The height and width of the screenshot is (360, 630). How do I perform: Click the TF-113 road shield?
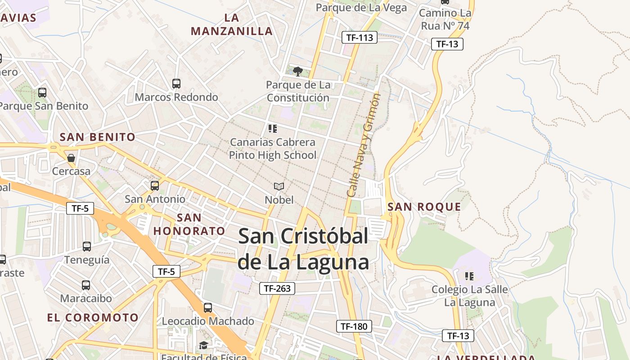point(359,38)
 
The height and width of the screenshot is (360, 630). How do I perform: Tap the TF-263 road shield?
point(277,288)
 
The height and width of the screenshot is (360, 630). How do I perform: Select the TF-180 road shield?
point(354,326)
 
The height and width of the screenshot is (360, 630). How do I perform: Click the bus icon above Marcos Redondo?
point(176,83)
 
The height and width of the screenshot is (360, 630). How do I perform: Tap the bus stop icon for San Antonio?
point(155,185)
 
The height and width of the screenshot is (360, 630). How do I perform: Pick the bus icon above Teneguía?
point(87,246)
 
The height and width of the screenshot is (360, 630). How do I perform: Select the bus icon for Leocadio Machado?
point(208,308)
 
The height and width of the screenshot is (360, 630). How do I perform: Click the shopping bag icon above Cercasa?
point(71,157)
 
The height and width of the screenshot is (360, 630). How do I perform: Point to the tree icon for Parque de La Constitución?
point(297,71)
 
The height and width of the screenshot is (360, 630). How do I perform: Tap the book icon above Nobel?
point(279,186)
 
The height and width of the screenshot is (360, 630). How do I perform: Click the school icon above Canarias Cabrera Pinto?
point(272,129)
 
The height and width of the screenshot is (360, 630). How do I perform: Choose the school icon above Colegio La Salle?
point(469,276)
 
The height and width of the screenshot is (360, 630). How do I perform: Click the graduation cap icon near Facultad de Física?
point(203,345)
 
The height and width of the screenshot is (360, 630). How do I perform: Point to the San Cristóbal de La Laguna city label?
point(303,249)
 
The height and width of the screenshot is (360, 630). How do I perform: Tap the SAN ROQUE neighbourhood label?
point(424,207)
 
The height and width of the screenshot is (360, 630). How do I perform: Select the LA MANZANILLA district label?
point(232,25)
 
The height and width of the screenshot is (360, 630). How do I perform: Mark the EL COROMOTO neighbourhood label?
point(93,317)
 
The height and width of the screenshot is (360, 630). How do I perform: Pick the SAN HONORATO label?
point(189,225)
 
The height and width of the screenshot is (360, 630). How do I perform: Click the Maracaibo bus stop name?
point(86,298)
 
